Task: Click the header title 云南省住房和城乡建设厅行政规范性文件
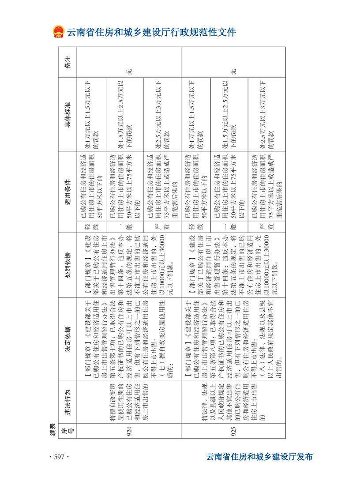pos(151,32)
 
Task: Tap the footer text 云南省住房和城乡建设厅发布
pos(259,457)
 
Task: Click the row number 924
pos(129,430)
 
